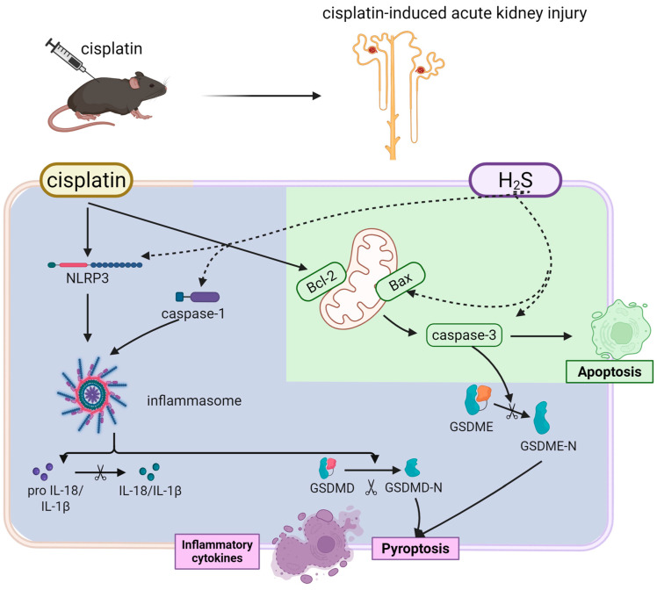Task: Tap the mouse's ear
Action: [135, 82]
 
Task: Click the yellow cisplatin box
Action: [86, 180]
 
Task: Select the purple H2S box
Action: [515, 180]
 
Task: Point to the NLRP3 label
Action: [87, 278]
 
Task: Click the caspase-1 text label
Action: [192, 313]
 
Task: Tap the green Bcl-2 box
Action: [321, 282]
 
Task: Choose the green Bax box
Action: [401, 281]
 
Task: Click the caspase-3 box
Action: [464, 335]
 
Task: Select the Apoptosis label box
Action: [610, 371]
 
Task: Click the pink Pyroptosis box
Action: [415, 549]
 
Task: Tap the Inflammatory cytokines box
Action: [217, 551]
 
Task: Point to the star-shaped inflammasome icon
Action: [91, 394]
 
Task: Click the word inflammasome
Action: [194, 400]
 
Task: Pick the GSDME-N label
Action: [548, 446]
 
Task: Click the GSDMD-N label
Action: [413, 488]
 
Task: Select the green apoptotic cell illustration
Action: [620, 330]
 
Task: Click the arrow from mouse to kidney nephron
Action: [262, 96]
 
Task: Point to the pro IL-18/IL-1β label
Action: [55, 499]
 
